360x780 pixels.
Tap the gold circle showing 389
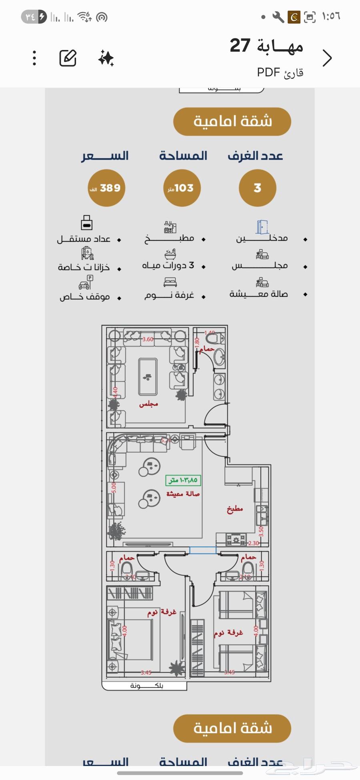click(x=106, y=188)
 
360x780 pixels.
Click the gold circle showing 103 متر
click(x=182, y=188)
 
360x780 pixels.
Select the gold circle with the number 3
click(x=257, y=188)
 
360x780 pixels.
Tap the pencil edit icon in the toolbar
click(x=68, y=58)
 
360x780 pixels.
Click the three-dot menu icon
click(x=35, y=58)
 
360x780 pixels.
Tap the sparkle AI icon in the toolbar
click(x=106, y=58)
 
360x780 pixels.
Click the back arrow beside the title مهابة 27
click(x=327, y=58)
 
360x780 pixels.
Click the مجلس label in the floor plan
click(x=148, y=404)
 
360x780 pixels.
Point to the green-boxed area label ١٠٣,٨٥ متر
click(x=183, y=480)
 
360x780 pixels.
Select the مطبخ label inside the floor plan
click(x=235, y=509)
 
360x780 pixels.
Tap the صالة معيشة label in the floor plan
click(x=183, y=494)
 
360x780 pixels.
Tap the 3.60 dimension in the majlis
click(x=148, y=339)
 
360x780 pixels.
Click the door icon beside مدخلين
click(x=262, y=227)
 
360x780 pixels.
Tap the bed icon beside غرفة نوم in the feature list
click(x=170, y=282)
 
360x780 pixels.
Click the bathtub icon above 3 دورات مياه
click(x=170, y=254)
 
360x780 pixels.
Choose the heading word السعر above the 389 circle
click(x=105, y=156)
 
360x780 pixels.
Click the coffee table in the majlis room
click(x=148, y=377)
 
